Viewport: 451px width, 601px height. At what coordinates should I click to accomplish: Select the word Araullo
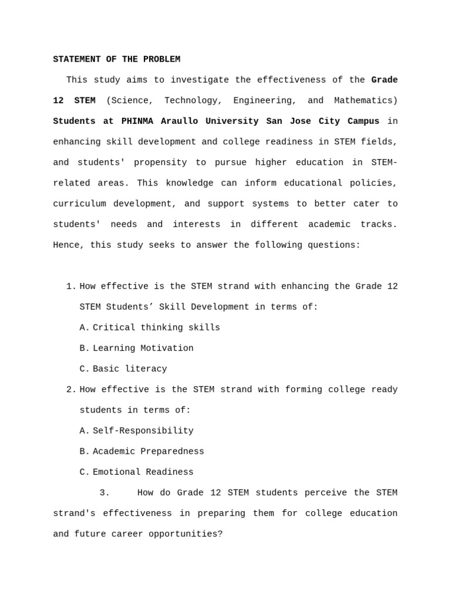click(x=179, y=121)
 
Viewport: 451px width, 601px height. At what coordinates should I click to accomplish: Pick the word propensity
click(x=160, y=163)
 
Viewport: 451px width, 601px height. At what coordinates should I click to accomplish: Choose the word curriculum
click(x=79, y=204)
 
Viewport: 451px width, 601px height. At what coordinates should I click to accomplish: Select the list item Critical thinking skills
click(x=156, y=328)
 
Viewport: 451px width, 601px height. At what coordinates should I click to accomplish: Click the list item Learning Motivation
click(x=143, y=349)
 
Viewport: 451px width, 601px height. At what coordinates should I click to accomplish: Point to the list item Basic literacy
click(x=130, y=369)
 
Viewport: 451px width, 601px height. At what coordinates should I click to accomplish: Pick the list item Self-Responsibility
click(x=143, y=431)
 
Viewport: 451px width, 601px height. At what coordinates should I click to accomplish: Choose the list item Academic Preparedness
click(x=148, y=452)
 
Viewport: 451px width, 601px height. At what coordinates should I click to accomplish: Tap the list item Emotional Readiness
click(x=143, y=472)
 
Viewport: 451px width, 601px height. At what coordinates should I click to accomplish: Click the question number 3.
click(x=105, y=493)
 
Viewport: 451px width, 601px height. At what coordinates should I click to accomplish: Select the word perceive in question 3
click(x=326, y=493)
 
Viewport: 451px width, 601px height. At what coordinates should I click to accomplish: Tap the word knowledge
click(x=190, y=183)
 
